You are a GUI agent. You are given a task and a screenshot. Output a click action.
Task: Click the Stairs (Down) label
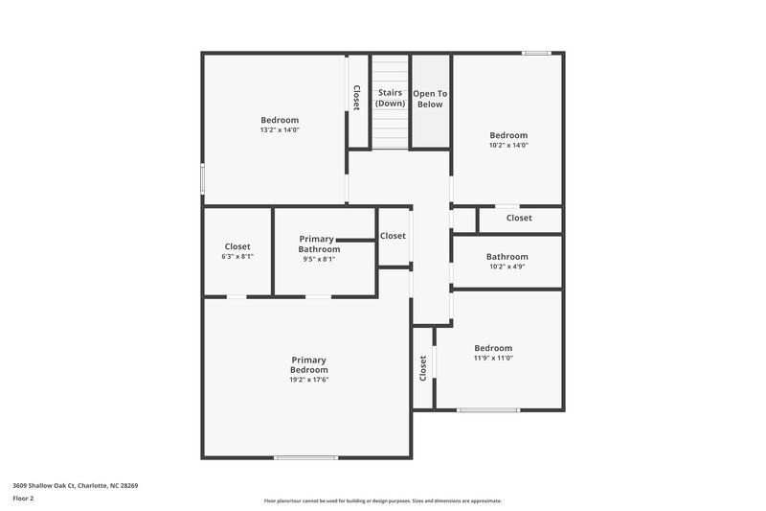coord(390,98)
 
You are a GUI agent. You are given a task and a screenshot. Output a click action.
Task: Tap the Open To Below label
coord(430,99)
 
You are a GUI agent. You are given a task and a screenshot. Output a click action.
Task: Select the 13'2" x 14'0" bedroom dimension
coord(280,129)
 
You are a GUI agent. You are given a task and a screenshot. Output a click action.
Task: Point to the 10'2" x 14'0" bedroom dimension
coord(508,146)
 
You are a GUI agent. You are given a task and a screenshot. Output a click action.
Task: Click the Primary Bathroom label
coord(319,244)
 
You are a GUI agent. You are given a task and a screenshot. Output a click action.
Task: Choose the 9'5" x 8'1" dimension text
coord(319,259)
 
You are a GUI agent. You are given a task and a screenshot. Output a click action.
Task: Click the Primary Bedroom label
coord(309,365)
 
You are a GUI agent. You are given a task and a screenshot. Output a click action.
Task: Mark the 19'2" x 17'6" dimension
coord(309,380)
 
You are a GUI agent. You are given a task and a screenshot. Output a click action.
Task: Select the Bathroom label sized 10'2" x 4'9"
coord(507,257)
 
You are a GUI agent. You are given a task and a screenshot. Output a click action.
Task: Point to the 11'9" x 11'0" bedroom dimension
coord(493,359)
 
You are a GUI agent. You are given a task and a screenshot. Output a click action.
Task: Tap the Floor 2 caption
coord(24,499)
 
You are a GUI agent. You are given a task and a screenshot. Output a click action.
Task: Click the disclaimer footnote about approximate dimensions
coord(382,500)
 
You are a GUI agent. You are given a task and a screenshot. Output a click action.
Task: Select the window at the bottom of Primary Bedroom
coord(305,457)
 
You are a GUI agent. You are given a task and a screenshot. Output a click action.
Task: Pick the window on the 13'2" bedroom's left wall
coord(202,178)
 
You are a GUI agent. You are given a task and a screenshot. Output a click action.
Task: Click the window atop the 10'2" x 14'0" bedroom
coord(536,54)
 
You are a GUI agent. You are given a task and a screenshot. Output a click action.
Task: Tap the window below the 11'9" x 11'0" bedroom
coord(488,410)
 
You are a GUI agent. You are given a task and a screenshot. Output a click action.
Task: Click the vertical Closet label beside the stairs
coord(357,98)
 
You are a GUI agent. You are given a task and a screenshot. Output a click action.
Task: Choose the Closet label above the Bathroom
coord(519,219)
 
